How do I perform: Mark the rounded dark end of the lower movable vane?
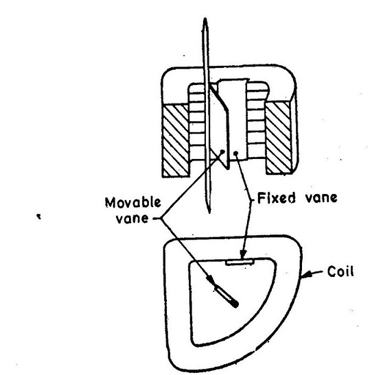point(236,304)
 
